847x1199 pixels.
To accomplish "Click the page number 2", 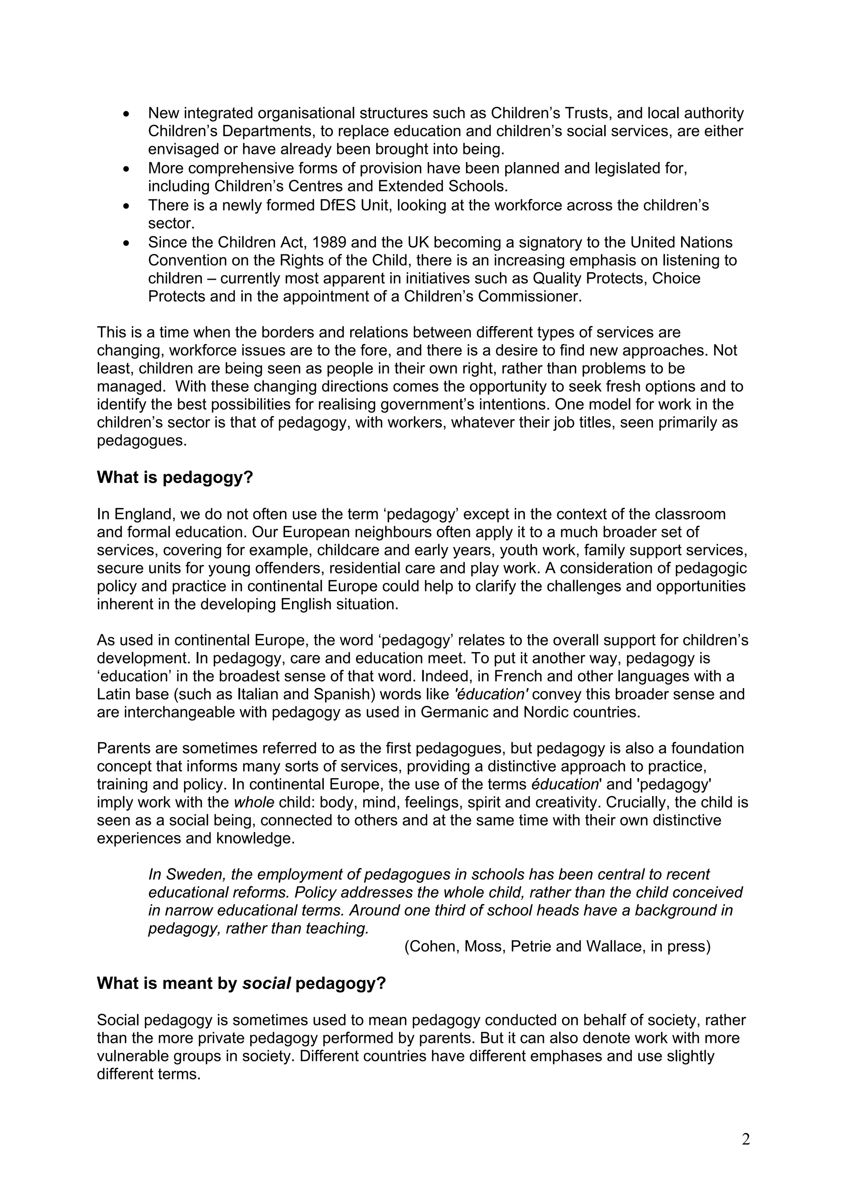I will click(x=746, y=1139).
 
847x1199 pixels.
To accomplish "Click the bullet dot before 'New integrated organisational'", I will click(x=126, y=113).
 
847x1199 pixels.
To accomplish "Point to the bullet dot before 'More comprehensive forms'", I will click(x=126, y=169).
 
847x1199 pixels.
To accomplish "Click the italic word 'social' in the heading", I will click(x=266, y=983).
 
